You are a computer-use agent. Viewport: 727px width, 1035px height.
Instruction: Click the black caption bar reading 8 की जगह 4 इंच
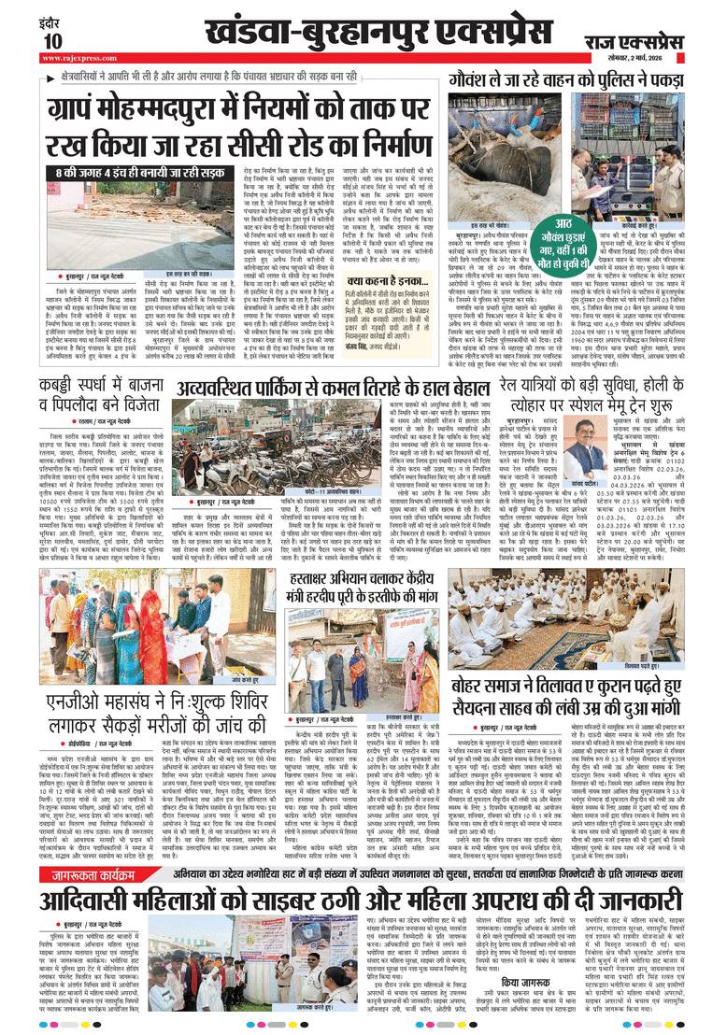tap(112, 174)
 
